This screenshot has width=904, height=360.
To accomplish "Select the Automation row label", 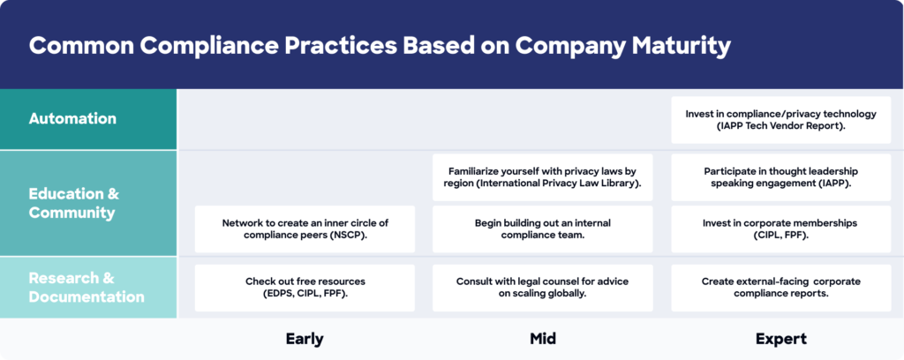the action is coord(72,118).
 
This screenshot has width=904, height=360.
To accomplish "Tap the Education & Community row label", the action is coord(74,203).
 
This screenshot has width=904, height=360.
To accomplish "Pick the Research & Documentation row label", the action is coord(87,288).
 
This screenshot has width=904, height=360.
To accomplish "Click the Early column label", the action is coord(305,339).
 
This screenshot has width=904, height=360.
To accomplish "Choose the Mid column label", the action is coord(543,339).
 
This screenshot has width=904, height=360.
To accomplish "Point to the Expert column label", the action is coord(780,339).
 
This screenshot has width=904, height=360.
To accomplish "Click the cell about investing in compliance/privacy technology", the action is coord(780,120).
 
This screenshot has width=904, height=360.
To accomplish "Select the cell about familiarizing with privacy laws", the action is coord(543,177).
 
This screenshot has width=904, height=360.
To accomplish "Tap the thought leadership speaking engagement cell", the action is coord(780,177).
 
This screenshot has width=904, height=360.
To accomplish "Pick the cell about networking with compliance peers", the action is coord(305,229).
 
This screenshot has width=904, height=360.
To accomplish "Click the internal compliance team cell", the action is coord(543,229).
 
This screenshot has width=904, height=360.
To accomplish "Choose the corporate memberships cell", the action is coord(780,229).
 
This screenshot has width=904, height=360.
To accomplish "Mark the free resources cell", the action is coord(305,288).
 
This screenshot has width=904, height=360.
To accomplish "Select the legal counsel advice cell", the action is coord(543,288).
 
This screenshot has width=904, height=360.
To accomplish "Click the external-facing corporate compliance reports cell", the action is coord(780,288).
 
